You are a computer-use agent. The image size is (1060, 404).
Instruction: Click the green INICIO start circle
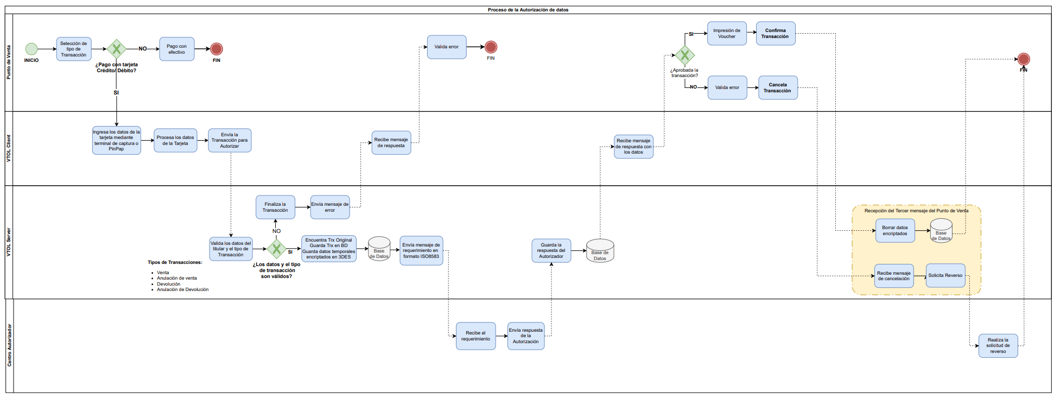pyautogui.click(x=31, y=49)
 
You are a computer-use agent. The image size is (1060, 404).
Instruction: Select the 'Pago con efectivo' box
pyautogui.click(x=176, y=49)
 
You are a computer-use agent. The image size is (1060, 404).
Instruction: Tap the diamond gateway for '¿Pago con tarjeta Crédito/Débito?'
pyautogui.click(x=116, y=49)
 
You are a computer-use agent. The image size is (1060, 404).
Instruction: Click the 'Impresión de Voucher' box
pyautogui.click(x=727, y=34)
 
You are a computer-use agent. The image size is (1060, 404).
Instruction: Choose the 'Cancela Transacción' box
pyautogui.click(x=778, y=88)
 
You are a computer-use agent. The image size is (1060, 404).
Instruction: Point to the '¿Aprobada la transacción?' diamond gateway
pyautogui.click(x=685, y=55)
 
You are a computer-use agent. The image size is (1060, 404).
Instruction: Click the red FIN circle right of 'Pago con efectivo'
pyautogui.click(x=217, y=49)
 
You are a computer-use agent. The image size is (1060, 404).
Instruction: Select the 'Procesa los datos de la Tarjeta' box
pyautogui.click(x=175, y=141)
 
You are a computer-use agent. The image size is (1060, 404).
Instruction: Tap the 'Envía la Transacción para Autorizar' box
pyautogui.click(x=230, y=141)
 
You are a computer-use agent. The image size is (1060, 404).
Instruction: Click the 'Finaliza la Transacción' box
pyautogui.click(x=275, y=207)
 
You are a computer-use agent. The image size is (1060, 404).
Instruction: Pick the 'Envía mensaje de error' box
pyautogui.click(x=330, y=207)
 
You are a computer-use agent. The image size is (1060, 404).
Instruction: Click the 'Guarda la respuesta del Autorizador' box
pyautogui.click(x=551, y=251)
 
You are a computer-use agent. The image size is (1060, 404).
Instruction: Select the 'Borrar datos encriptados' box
pyautogui.click(x=895, y=231)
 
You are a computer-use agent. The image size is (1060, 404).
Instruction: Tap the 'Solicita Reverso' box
pyautogui.click(x=945, y=276)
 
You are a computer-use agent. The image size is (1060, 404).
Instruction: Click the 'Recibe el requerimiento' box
pyautogui.click(x=475, y=336)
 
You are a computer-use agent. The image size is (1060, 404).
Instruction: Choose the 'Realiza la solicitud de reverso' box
pyautogui.click(x=998, y=346)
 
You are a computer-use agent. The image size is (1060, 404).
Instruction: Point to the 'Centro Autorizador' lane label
pyautogui.click(x=9, y=345)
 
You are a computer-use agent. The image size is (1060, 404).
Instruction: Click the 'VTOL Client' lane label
pyautogui.click(x=9, y=148)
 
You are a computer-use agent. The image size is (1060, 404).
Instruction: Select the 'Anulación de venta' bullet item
pyautogui.click(x=177, y=278)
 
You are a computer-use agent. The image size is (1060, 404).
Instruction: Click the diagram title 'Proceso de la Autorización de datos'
pyautogui.click(x=528, y=10)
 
